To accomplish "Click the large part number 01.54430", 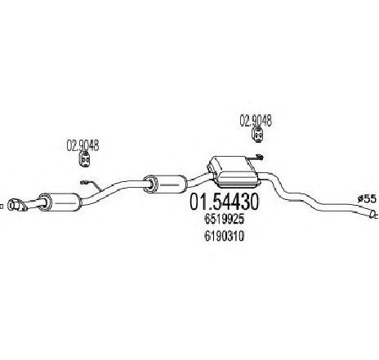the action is [x=224, y=202].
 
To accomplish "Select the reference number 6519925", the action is [x=224, y=220].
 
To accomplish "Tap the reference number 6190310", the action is [x=224, y=236].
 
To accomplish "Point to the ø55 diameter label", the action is [x=367, y=199].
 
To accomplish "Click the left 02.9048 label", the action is [x=82, y=145].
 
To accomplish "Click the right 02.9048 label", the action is [x=256, y=121].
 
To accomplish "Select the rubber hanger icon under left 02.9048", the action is [x=85, y=159].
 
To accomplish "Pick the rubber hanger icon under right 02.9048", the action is [x=257, y=136].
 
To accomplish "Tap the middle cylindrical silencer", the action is [x=165, y=184].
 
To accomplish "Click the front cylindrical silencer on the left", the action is [x=60, y=202].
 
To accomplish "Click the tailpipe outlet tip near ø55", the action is [x=372, y=215].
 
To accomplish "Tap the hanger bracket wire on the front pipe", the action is [x=91, y=185].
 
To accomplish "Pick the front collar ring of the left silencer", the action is [x=45, y=202].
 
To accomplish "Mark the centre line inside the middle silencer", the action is [x=170, y=185].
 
